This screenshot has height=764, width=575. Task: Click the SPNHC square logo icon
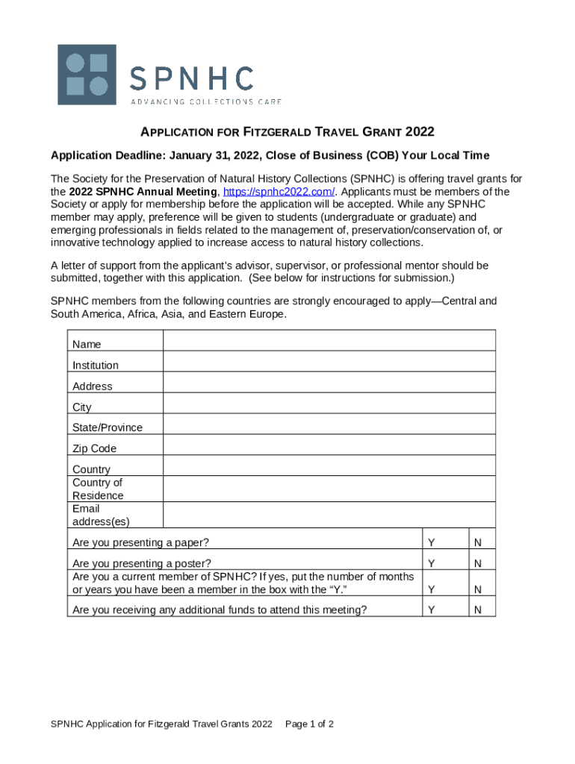87,75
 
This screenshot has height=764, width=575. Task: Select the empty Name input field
329,341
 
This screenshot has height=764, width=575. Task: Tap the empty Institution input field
329,361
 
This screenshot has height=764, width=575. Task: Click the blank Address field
329,382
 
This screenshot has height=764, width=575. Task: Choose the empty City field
329,403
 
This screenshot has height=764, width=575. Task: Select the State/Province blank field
329,424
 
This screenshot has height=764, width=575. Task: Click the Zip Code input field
329,445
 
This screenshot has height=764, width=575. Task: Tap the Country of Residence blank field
329,489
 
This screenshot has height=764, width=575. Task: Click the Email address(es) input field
329,515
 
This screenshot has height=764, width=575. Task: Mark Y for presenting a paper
431,541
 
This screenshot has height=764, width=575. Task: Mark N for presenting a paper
477,541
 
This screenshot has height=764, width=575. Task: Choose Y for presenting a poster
431,563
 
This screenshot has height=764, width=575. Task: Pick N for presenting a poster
477,563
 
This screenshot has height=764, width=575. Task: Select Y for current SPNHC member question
431,589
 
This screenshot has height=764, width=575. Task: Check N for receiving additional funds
477,610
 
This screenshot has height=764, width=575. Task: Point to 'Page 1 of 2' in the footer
309,724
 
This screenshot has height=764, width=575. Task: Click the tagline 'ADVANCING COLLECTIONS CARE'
206,101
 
